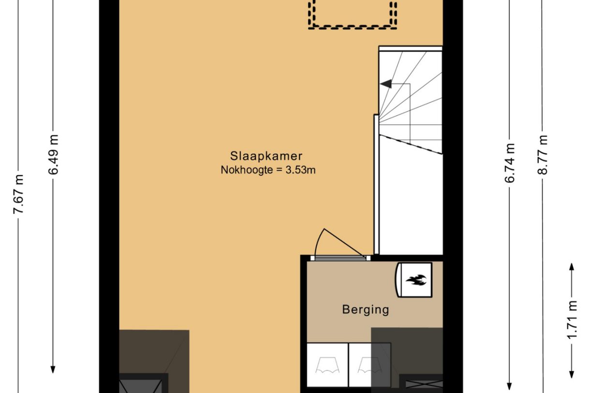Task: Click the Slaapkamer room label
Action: [266, 156]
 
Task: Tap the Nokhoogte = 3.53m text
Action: [268, 170]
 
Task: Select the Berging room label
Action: [366, 309]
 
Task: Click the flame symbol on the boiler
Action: [416, 280]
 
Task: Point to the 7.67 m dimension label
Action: [18, 194]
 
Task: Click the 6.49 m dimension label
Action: [53, 155]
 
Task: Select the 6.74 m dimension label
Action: [509, 163]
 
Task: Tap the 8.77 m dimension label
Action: [543, 155]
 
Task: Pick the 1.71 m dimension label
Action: [572, 320]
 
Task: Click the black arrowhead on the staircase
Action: [385, 84]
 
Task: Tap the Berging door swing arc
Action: [318, 241]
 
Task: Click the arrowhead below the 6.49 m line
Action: [53, 370]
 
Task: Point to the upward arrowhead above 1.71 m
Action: [572, 267]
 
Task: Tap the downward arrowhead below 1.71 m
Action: [572, 375]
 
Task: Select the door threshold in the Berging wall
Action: [340, 258]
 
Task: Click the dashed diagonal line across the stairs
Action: [411, 145]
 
